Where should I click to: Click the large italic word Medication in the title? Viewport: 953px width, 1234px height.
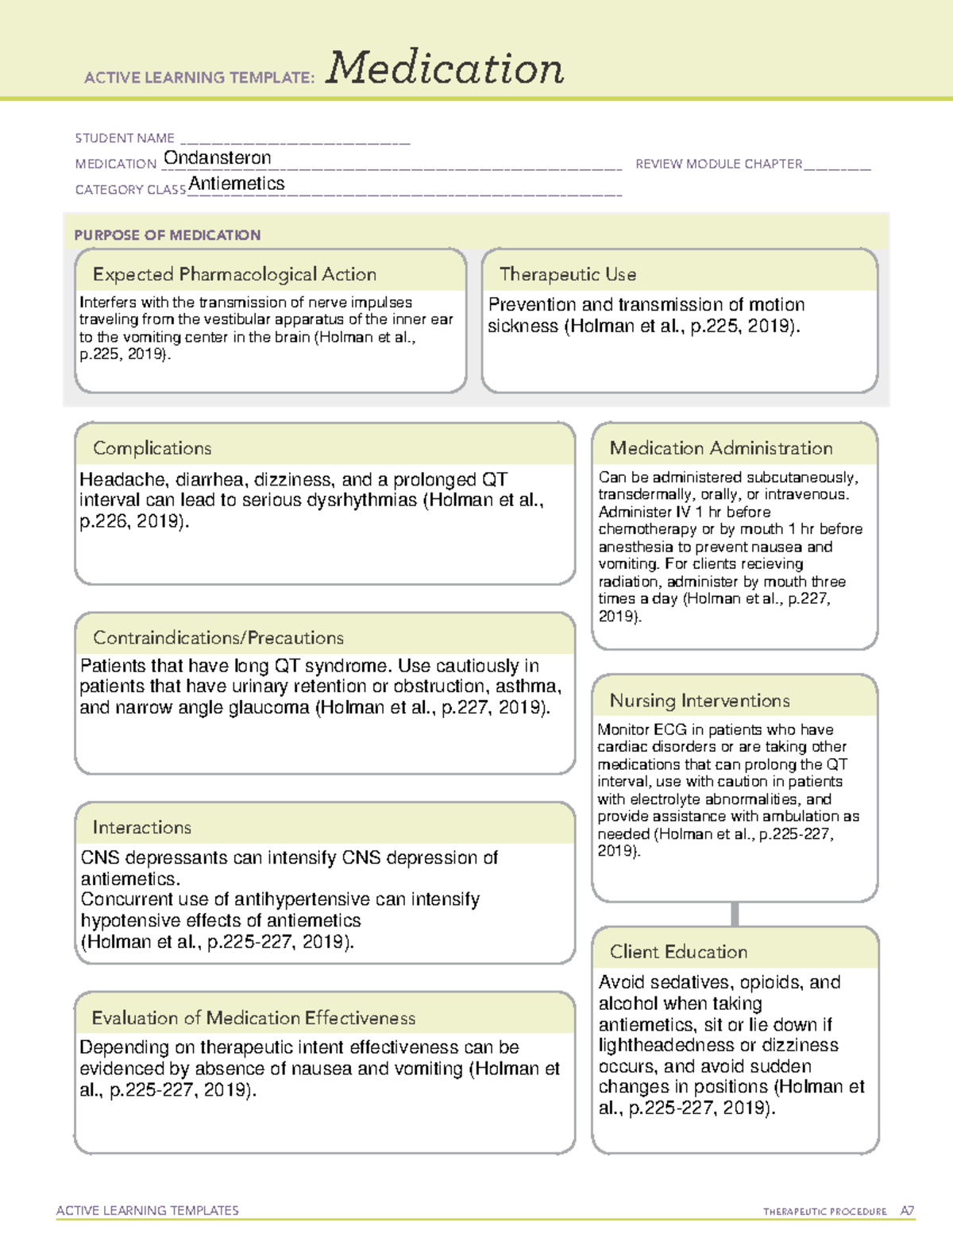[x=445, y=68]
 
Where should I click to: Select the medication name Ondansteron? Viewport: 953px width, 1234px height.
[x=217, y=158]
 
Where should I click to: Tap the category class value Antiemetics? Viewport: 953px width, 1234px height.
[x=237, y=184]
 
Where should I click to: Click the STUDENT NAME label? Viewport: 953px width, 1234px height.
[x=125, y=138]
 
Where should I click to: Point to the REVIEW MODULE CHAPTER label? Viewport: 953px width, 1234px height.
[x=719, y=164]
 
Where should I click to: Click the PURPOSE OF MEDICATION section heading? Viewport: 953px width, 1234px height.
[x=168, y=235]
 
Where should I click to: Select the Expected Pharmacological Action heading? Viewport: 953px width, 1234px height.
[x=234, y=274]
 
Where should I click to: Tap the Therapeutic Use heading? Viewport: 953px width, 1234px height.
[x=568, y=274]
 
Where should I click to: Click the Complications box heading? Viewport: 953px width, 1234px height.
[x=152, y=448]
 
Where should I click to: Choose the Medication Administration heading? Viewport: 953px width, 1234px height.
[x=721, y=448]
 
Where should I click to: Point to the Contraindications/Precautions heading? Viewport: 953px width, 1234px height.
[x=218, y=637]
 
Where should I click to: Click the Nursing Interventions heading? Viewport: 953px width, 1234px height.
[x=700, y=700]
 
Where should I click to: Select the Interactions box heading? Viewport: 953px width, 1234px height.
[x=142, y=827]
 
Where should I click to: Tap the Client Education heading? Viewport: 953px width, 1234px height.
[x=678, y=951]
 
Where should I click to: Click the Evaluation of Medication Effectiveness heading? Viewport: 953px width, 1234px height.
[x=253, y=1018]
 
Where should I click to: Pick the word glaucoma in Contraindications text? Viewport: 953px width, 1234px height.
[x=268, y=707]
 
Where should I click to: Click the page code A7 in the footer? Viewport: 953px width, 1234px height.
[x=907, y=1211]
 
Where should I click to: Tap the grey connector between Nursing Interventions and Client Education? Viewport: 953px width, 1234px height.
[x=735, y=914]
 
